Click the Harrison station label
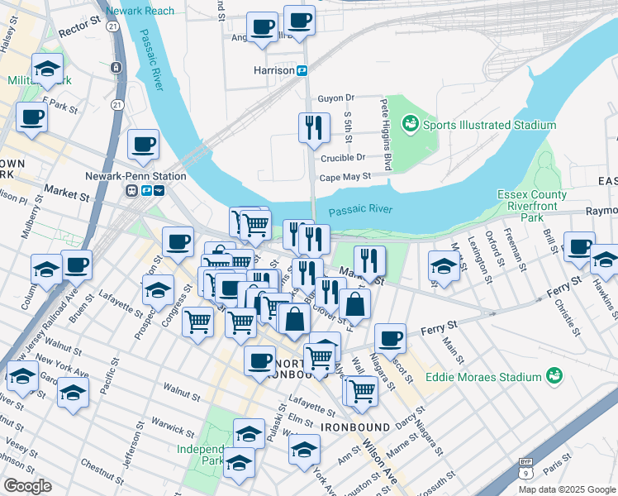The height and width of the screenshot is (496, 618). [x=273, y=71]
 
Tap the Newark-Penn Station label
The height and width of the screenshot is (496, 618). [x=135, y=176]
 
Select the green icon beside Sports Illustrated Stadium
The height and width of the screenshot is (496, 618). [x=409, y=125]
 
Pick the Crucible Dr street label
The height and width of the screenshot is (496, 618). [x=342, y=157]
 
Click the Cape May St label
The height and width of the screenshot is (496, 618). [x=345, y=176]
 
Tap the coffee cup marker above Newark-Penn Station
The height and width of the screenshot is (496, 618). [x=143, y=145]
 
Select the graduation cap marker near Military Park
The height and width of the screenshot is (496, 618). [x=47, y=69]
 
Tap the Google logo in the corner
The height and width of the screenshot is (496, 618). [x=27, y=486]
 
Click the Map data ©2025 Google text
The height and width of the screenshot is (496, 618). [x=566, y=489]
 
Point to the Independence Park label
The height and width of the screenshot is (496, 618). [x=200, y=455]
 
